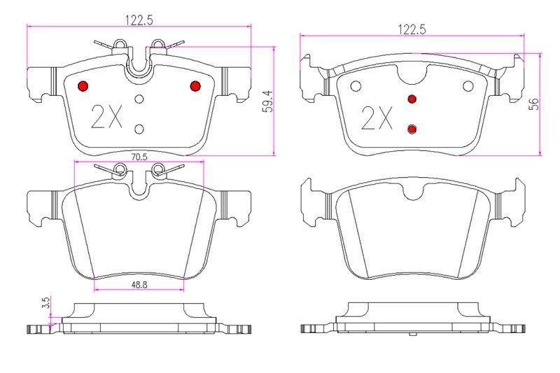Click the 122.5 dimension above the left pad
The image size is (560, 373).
[x=139, y=20]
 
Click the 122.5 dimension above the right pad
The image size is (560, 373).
[x=412, y=29]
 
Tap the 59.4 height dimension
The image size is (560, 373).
[x=267, y=101]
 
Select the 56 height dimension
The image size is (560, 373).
[x=533, y=104]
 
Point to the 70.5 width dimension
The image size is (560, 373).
[x=139, y=157]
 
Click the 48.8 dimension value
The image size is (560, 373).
[x=139, y=285]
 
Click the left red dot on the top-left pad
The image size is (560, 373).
[x=83, y=86]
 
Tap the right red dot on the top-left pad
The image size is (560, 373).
[x=195, y=86]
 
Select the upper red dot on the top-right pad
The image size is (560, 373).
[x=412, y=99]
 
